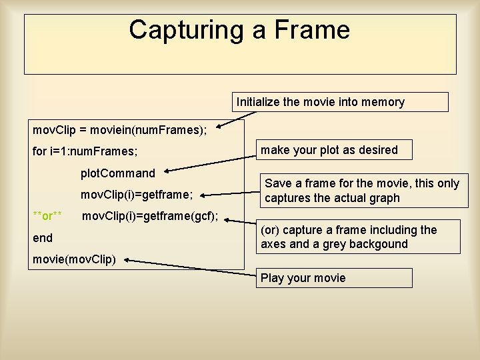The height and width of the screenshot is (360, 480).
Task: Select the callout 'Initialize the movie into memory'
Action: pyautogui.click(x=341, y=102)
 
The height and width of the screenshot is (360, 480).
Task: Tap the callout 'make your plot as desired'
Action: pyautogui.click(x=336, y=149)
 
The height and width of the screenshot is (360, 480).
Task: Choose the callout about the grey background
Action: pyautogui.click(x=359, y=237)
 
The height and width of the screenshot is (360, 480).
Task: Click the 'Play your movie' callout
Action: pyautogui.click(x=333, y=277)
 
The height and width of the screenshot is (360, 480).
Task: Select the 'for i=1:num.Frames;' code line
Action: pyautogui.click(x=85, y=152)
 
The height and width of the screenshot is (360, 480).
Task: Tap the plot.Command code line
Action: pyautogui.click(x=117, y=173)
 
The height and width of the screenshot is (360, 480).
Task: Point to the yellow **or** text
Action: pyautogui.click(x=48, y=216)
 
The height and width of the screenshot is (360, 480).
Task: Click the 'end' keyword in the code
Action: pyautogui.click(x=43, y=237)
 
